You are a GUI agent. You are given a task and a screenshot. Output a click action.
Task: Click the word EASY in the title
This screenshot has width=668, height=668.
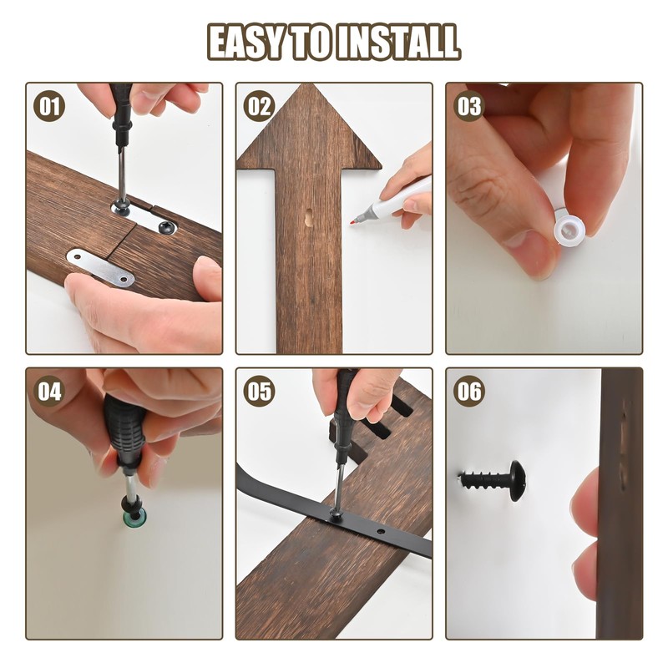[x=245, y=42]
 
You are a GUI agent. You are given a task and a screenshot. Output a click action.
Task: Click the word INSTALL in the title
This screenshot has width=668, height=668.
[x=398, y=42]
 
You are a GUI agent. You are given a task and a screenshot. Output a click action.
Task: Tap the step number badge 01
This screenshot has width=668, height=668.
[x=49, y=106]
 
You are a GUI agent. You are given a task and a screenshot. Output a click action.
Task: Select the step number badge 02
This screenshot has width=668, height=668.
[x=259, y=106]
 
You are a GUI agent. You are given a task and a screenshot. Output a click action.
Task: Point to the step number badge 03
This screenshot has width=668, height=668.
[x=469, y=106]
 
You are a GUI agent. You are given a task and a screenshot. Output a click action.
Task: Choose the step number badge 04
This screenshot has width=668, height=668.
[x=49, y=391]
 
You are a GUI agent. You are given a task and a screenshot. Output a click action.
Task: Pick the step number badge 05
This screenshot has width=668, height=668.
[x=259, y=391]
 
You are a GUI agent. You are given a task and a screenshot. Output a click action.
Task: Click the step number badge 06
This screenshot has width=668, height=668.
[x=469, y=391]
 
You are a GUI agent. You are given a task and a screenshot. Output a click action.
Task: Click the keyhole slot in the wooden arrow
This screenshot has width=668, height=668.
[x=308, y=217]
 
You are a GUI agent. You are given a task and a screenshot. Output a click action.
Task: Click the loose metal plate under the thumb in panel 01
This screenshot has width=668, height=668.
[x=100, y=266]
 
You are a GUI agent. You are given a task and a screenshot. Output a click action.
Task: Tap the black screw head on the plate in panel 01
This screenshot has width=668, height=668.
[x=168, y=227]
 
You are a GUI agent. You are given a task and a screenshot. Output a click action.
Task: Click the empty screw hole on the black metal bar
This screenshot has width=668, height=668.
[x=381, y=532]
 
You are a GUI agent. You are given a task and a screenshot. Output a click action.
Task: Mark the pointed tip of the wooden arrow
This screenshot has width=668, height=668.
[x=308, y=85]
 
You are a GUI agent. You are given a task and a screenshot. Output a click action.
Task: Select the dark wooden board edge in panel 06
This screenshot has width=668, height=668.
[x=620, y=503]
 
